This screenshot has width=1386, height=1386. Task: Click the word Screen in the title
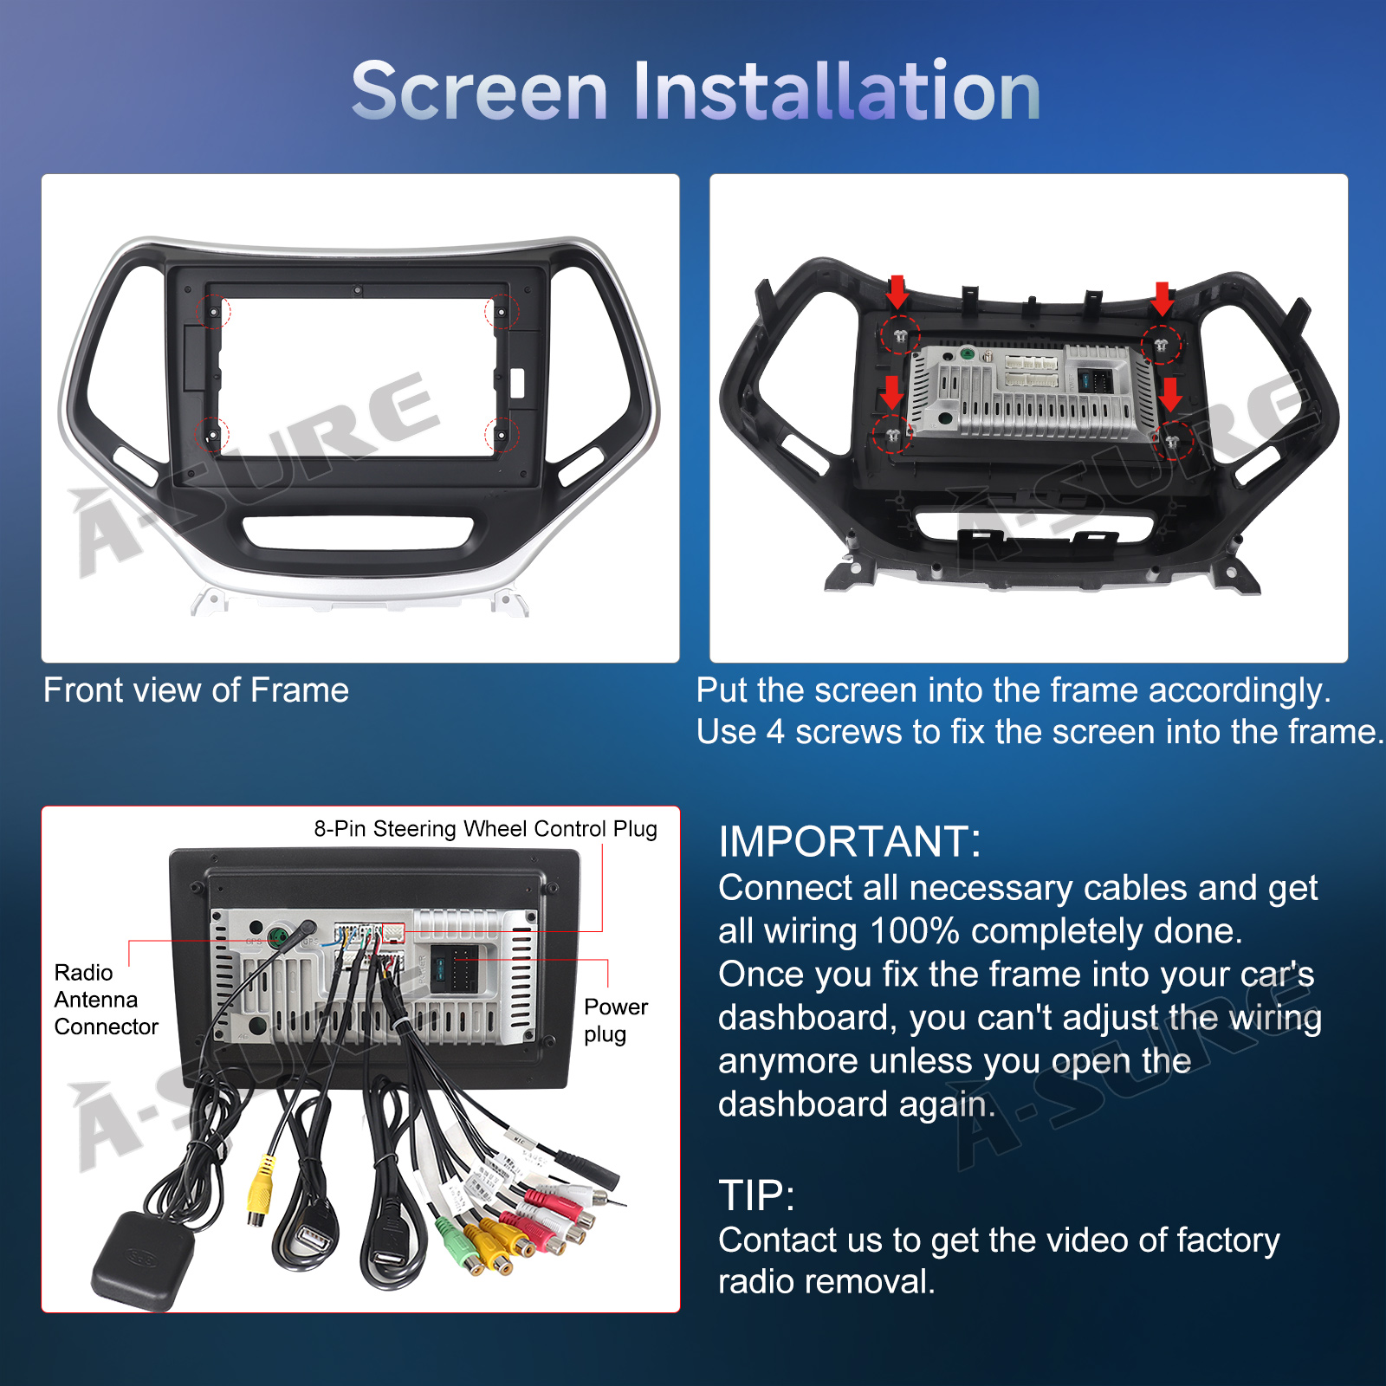tap(480, 91)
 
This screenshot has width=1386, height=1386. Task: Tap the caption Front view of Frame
tap(196, 690)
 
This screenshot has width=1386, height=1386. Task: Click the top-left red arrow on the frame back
tap(897, 292)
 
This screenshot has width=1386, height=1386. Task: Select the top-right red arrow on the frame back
tap(1163, 298)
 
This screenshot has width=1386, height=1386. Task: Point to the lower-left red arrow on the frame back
tap(892, 392)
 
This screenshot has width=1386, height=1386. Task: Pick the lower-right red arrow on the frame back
tap(1170, 394)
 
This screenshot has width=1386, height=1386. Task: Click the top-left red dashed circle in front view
tap(211, 311)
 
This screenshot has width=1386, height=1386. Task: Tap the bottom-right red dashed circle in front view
tap(502, 433)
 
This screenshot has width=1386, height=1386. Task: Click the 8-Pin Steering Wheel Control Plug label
tap(485, 829)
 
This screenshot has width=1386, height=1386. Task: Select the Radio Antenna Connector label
tap(106, 1000)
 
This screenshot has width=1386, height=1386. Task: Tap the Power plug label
tap(616, 1020)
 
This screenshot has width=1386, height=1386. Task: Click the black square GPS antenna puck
tap(145, 1259)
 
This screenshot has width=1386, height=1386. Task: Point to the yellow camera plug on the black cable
tap(260, 1188)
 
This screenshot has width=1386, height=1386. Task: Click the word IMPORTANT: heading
tap(850, 841)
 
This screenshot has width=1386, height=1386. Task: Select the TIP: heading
tap(756, 1195)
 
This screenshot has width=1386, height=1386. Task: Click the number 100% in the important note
tap(914, 931)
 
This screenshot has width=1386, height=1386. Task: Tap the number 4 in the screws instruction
tap(775, 732)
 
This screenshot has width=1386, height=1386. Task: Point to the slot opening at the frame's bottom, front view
tap(359, 533)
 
